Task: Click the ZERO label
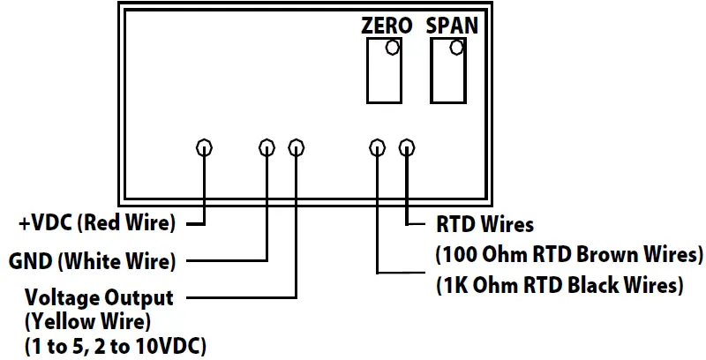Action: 387,26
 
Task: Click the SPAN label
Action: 452,26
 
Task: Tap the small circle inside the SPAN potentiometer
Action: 456,49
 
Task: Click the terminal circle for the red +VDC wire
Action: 204,147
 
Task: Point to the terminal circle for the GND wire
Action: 267,147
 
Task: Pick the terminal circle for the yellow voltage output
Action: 297,147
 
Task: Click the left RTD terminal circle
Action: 377,147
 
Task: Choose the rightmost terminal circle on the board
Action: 407,147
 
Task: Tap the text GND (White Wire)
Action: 93,262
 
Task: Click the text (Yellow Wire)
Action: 88,321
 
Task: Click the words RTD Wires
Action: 485,225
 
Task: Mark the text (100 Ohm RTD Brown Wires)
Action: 569,256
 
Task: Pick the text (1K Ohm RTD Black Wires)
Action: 560,286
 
